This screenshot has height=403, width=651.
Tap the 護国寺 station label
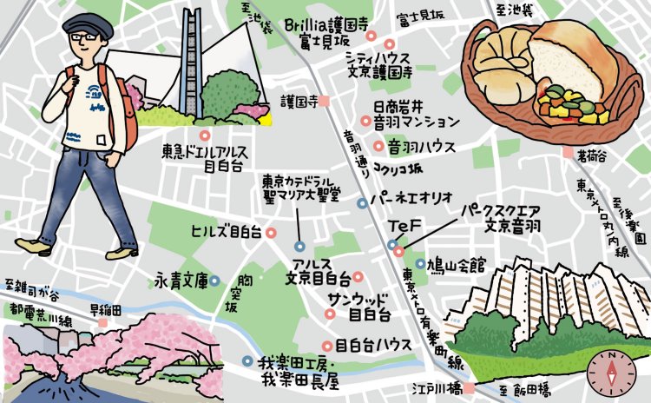point(298,101)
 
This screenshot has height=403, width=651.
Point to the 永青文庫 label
point(181,281)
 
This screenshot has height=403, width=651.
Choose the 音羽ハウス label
point(421,147)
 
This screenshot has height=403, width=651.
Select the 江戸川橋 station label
point(439,387)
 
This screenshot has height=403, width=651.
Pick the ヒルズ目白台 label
point(226,231)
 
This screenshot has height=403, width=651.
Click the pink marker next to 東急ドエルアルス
point(204,135)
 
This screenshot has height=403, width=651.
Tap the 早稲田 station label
point(106,309)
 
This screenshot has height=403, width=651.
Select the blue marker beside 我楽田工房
point(247,360)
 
